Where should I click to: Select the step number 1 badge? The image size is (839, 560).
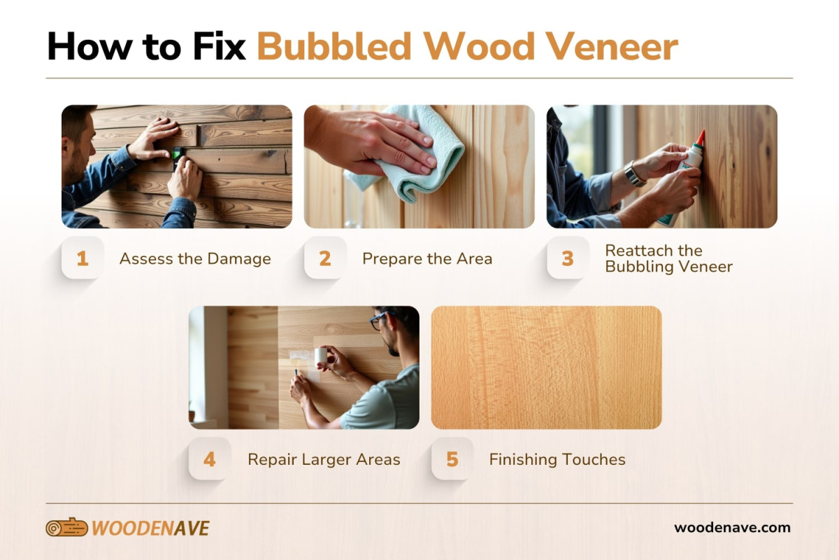83,258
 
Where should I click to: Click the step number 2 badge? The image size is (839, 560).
325,258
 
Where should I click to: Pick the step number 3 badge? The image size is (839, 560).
568,258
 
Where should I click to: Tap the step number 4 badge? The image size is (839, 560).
210,459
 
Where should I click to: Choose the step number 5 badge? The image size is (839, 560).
452,459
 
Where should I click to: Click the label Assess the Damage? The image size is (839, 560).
195,258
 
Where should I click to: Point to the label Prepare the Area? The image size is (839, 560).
427,258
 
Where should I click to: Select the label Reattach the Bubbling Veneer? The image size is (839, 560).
668,258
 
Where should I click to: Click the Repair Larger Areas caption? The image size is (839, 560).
324,459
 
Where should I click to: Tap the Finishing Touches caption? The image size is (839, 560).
557,459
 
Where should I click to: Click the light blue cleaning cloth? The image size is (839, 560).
419,150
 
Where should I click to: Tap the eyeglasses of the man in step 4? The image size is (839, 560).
378,321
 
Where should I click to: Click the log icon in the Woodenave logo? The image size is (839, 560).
66,528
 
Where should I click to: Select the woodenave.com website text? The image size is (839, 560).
732,528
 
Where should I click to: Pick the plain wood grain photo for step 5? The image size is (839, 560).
546,367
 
